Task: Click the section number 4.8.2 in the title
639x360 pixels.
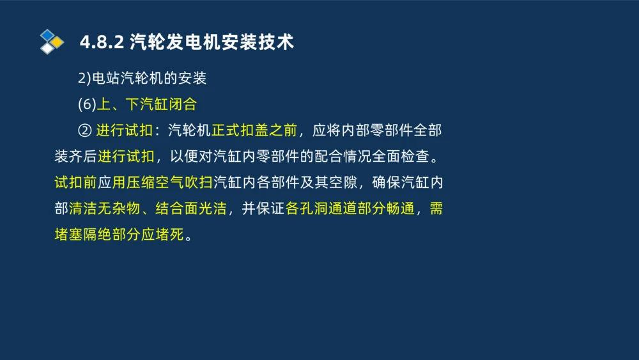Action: click(102, 43)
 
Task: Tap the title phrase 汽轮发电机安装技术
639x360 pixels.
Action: click(212, 43)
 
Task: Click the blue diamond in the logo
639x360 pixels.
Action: click(47, 35)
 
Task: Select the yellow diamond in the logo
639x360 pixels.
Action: click(57, 42)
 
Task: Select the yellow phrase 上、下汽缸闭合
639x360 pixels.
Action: click(146, 105)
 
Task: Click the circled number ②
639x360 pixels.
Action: click(84, 131)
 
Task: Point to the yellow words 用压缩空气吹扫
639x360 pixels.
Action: click(162, 183)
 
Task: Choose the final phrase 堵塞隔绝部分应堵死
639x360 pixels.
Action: click(119, 235)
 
